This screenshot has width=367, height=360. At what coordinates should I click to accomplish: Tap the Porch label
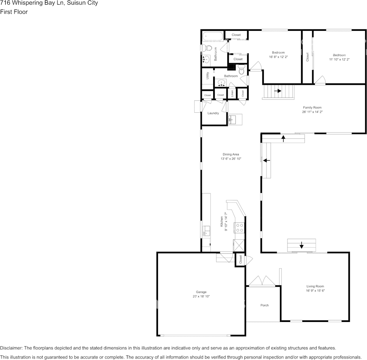[264, 305]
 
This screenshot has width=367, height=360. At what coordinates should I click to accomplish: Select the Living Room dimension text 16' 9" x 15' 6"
[315, 290]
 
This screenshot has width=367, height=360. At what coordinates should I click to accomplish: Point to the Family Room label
[312, 108]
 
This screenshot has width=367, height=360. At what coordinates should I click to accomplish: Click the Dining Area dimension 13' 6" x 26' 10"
[231, 159]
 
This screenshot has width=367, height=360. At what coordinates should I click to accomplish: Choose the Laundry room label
[213, 113]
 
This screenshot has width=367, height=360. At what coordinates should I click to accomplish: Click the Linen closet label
[232, 94]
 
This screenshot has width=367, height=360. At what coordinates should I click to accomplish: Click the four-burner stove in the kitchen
[239, 228]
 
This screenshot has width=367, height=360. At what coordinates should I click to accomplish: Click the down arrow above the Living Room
[302, 245]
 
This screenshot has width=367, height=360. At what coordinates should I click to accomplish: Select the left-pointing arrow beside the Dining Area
[266, 160]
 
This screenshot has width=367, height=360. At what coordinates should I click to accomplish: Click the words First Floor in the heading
[14, 12]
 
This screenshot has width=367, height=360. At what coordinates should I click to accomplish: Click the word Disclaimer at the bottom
[11, 348]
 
